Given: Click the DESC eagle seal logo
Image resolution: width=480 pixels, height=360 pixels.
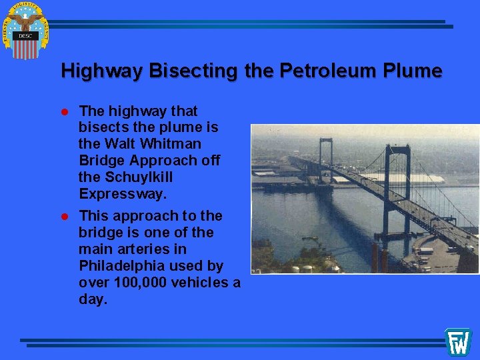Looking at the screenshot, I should coord(26,30).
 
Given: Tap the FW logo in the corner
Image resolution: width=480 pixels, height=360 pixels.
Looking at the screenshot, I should coord(458,341).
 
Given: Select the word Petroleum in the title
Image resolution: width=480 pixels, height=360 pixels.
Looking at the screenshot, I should coord(313,71).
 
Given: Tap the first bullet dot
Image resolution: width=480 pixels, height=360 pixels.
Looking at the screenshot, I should coord(65,111).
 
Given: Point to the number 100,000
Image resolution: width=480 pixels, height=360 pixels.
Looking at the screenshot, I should coord(141,283).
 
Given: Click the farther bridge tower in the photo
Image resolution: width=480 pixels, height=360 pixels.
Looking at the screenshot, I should coord(325,153).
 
